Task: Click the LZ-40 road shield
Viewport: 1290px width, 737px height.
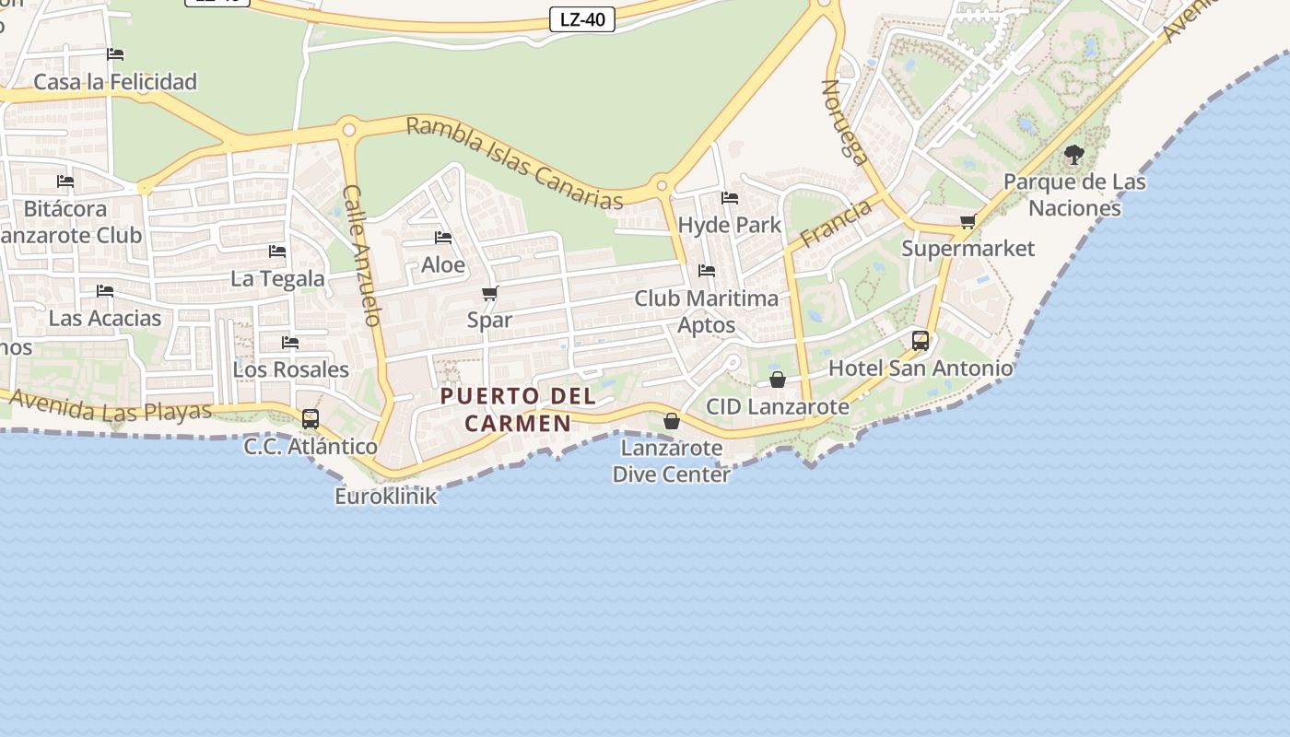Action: pyautogui.click(x=582, y=19)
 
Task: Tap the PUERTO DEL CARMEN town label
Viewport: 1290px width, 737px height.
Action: pyautogui.click(x=518, y=410)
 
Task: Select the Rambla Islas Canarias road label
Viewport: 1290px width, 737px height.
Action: pyautogui.click(x=514, y=162)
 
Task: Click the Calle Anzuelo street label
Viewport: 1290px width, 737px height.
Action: pyautogui.click(x=361, y=255)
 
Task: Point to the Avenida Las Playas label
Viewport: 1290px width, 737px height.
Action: pyautogui.click(x=111, y=405)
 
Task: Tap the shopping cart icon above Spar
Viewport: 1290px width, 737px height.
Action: pyautogui.click(x=490, y=294)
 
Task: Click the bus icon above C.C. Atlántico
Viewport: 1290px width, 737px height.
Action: pyautogui.click(x=311, y=419)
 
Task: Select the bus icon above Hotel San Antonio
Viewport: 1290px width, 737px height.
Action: pyautogui.click(x=920, y=341)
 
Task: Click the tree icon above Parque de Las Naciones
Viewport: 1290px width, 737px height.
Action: pyautogui.click(x=1073, y=155)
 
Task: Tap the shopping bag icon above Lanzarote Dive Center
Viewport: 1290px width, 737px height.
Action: pyautogui.click(x=672, y=421)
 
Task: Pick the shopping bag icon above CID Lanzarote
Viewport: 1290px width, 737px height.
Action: pyautogui.click(x=778, y=380)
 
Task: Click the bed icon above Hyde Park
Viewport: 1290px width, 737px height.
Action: pyautogui.click(x=730, y=198)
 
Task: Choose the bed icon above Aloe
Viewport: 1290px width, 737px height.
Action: pyautogui.click(x=443, y=238)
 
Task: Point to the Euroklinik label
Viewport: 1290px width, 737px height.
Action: pyautogui.click(x=385, y=497)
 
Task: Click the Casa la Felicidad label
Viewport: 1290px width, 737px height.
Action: pyautogui.click(x=115, y=82)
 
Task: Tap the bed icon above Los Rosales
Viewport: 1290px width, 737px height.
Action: pyautogui.click(x=290, y=343)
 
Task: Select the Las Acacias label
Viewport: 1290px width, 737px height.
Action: pyautogui.click(x=105, y=319)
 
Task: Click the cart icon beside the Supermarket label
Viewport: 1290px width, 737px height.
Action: pyautogui.click(x=967, y=222)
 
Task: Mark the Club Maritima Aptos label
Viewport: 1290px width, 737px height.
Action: pyautogui.click(x=707, y=311)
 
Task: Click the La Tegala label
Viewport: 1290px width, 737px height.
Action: pyautogui.click(x=277, y=278)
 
